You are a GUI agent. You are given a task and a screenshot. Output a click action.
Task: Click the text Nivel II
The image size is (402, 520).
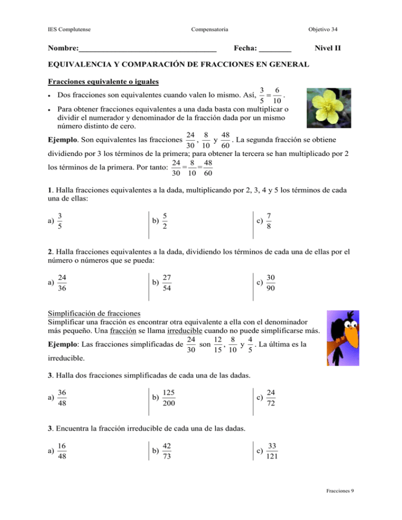pos(328,49)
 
